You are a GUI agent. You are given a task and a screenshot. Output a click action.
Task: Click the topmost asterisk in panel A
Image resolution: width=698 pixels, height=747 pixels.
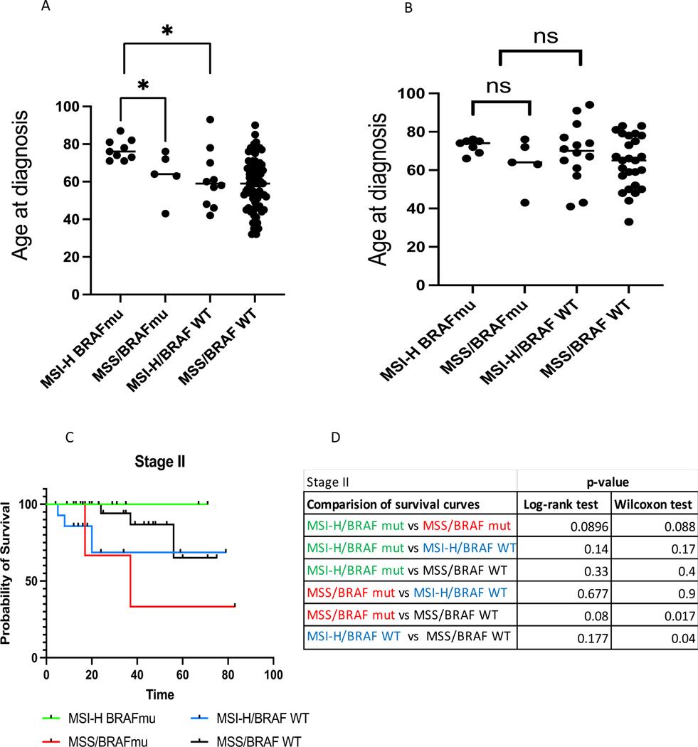167,31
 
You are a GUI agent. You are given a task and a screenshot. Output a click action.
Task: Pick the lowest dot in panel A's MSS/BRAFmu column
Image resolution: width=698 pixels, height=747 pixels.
165,213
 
